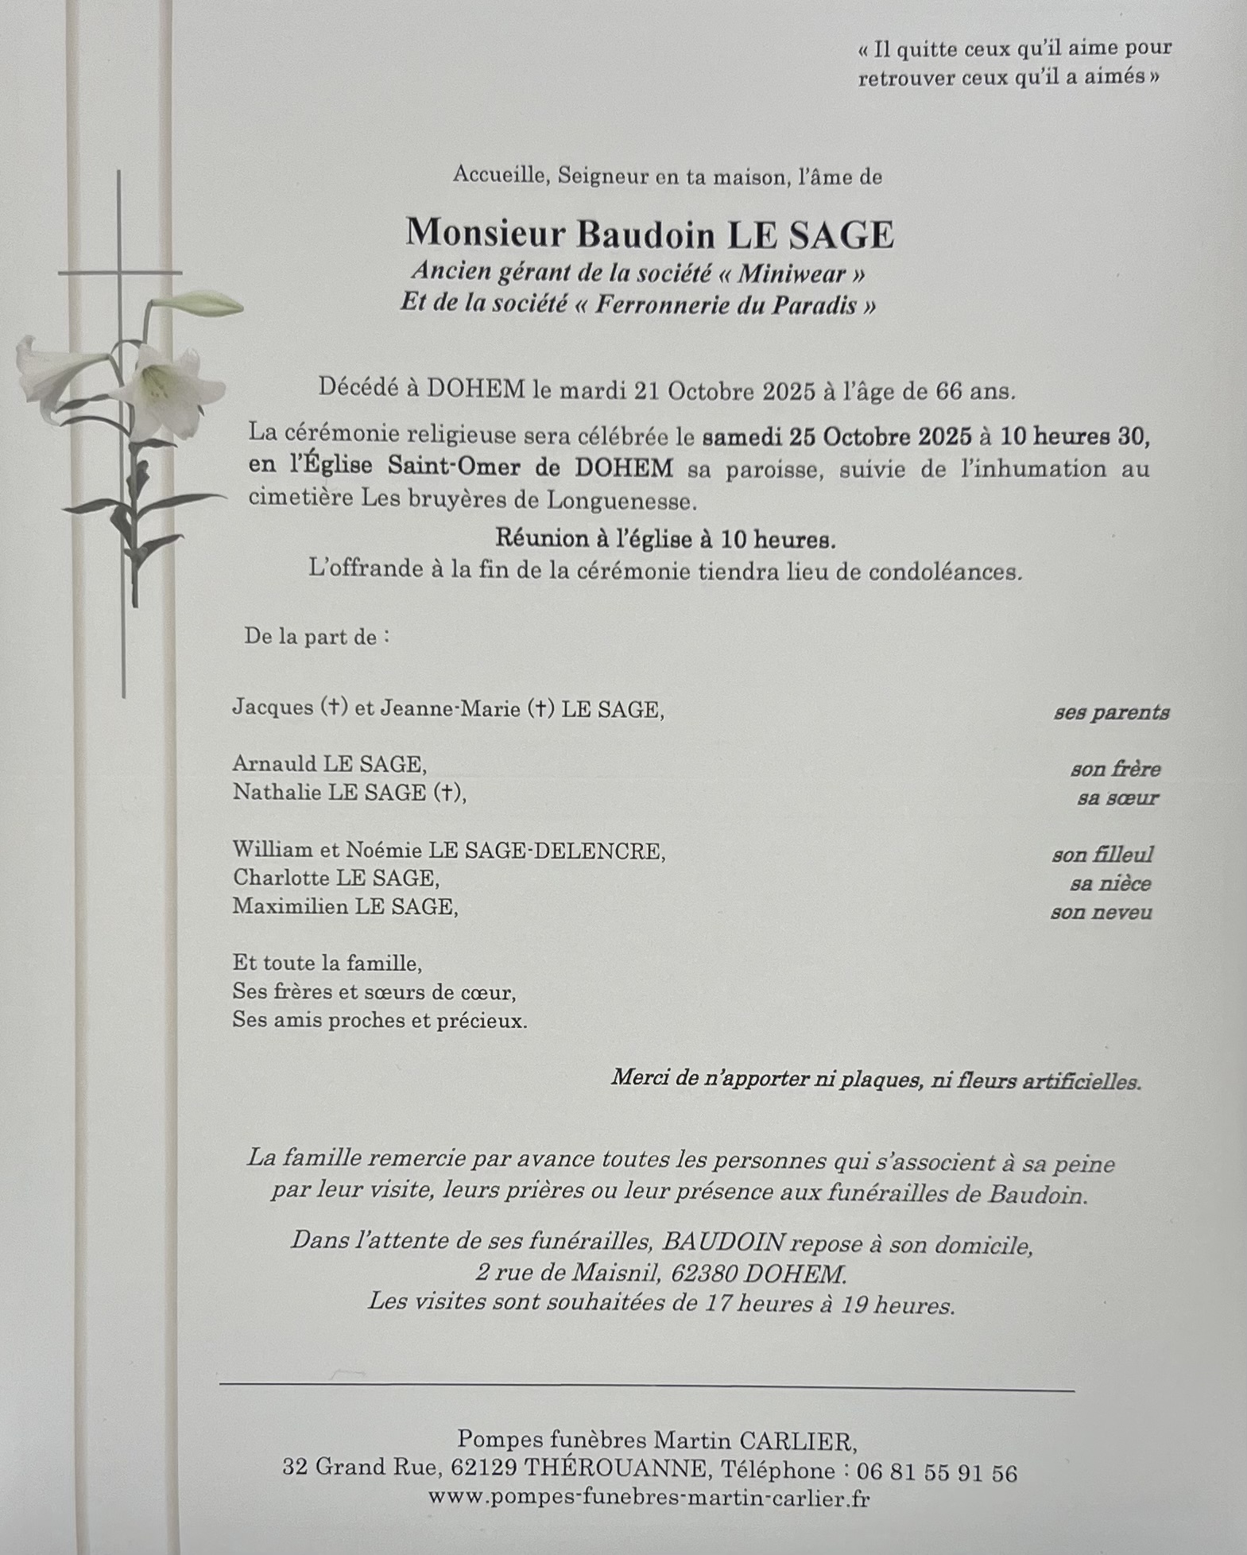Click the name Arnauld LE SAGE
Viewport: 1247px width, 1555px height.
click(x=329, y=764)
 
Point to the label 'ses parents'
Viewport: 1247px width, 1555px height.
click(x=1111, y=712)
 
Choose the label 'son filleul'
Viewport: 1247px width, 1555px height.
click(x=1102, y=855)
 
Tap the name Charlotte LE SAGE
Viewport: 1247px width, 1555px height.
click(x=335, y=878)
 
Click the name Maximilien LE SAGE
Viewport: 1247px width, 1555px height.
click(x=345, y=906)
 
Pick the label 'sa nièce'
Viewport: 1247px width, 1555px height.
click(x=1110, y=883)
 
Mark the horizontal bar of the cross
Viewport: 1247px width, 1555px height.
click(x=119, y=273)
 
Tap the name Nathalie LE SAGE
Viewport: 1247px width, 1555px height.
click(x=349, y=793)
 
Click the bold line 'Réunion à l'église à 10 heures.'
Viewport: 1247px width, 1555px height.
click(x=665, y=539)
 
